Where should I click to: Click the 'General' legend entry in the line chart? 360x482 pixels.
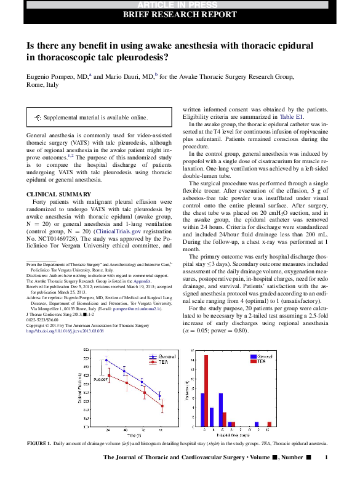pyautogui.click(x=164, y=356)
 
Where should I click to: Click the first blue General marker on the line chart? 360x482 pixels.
pyautogui.click(x=106, y=360)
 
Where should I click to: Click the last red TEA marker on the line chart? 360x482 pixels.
pyautogui.click(x=162, y=406)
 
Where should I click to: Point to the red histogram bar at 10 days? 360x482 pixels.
pyautogui.click(x=269, y=424)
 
